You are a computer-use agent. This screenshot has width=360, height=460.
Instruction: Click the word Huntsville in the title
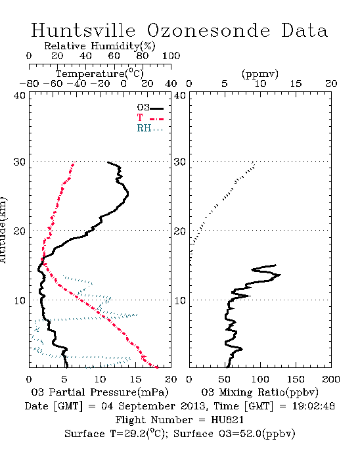83,30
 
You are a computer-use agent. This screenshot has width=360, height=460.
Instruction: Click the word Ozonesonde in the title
208,30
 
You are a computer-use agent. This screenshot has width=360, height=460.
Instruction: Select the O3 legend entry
150,108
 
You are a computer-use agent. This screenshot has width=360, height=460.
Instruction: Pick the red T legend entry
150,118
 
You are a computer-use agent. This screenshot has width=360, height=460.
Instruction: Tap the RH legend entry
150,128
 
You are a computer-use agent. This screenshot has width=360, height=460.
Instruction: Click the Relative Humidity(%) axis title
100,46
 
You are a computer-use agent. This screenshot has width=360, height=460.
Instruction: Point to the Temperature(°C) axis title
100,74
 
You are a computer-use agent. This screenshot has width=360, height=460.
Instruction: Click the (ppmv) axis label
260,74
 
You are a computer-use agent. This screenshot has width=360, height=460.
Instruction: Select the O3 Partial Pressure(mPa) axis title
100,392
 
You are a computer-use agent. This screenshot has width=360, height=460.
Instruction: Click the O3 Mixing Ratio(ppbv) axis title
259,392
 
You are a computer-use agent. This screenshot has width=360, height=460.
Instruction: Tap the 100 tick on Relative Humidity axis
171,56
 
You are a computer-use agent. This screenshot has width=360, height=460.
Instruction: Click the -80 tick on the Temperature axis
29,84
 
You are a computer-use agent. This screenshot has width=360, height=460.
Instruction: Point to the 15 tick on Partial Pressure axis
135,379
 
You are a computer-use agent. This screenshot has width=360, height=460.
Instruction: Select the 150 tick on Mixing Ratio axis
296,379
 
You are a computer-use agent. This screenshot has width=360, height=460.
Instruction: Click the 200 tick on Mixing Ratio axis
331,379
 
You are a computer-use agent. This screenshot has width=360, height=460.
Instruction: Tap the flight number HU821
227,420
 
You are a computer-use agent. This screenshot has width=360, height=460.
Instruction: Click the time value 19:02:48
313,406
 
